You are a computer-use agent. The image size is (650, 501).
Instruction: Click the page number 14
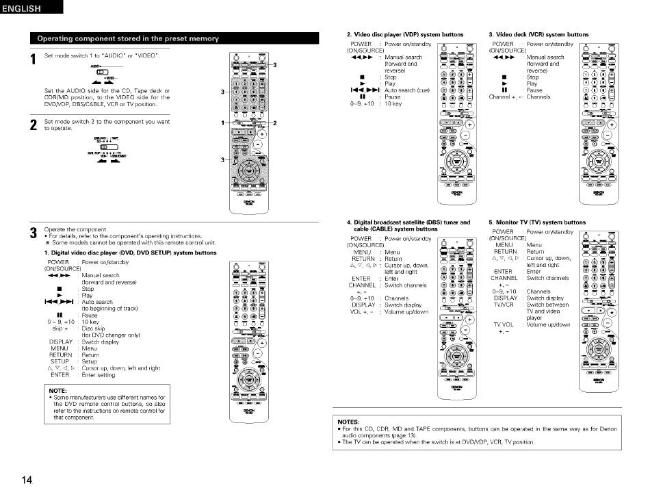(x=27, y=480)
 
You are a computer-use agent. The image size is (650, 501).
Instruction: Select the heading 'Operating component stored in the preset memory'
(x=128, y=38)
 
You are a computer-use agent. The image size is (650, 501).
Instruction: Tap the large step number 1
(x=32, y=60)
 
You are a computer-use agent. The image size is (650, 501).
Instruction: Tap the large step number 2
(x=32, y=126)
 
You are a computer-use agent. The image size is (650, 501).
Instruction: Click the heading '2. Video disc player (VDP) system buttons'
(x=404, y=34)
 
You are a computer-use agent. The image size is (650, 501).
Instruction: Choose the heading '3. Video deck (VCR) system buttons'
(x=538, y=34)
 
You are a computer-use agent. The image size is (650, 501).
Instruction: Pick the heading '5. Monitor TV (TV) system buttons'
(x=537, y=222)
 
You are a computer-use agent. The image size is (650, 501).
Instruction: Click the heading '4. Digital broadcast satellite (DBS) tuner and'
(x=408, y=222)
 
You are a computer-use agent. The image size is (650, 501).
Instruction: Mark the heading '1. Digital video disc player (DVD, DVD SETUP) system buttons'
(x=130, y=253)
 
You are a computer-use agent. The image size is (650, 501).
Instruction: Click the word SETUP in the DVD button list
(x=60, y=361)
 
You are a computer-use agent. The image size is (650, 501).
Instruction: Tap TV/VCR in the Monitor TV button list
(x=505, y=305)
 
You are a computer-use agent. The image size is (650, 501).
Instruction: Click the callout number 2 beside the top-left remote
(x=274, y=123)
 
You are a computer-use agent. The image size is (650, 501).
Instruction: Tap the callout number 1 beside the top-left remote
(x=222, y=123)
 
